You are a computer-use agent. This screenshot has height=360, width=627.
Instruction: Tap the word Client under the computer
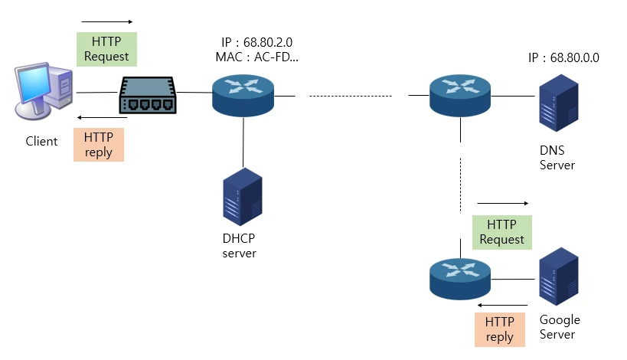[x=41, y=141]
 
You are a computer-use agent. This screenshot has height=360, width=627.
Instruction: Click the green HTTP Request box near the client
[x=106, y=48]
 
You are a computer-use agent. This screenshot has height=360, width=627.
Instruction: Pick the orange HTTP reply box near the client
[x=98, y=145]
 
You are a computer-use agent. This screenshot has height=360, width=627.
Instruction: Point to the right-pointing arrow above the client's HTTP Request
[x=106, y=21]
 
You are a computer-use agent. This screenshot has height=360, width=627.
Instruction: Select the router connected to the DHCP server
[x=243, y=94]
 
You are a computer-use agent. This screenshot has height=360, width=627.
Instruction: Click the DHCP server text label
[x=239, y=245]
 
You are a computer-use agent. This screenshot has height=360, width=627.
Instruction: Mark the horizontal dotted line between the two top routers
[x=351, y=96]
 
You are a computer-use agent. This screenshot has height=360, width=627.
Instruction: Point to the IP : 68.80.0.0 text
[x=563, y=57]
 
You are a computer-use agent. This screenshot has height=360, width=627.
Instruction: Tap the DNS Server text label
[x=557, y=158]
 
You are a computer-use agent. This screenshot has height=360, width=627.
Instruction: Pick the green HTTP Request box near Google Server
[x=501, y=231]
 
